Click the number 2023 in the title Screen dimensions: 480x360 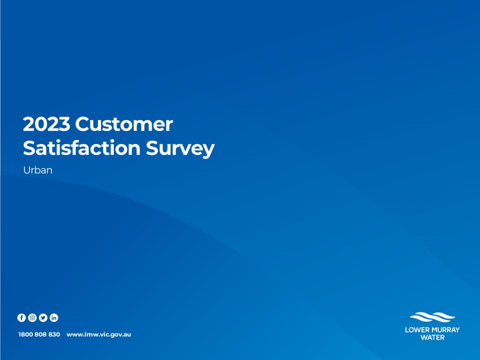[46, 124]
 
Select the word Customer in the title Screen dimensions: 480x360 [124, 124]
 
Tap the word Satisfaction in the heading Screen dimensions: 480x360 [81, 148]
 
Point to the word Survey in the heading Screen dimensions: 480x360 [180, 149]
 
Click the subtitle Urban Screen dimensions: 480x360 [37, 170]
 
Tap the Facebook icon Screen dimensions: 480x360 [21, 318]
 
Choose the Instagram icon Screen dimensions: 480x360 [32, 318]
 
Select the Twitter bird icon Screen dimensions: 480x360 [43, 318]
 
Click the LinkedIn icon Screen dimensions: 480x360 [54, 318]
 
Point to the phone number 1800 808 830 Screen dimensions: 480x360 [39, 334]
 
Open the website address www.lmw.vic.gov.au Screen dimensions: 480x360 [98, 334]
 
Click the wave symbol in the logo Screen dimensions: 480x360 [432, 317]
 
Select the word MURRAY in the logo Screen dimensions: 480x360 [446, 329]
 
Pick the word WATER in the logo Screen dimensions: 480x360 [432, 337]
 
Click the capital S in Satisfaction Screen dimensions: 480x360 [29, 148]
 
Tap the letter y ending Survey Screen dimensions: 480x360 [208, 151]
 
